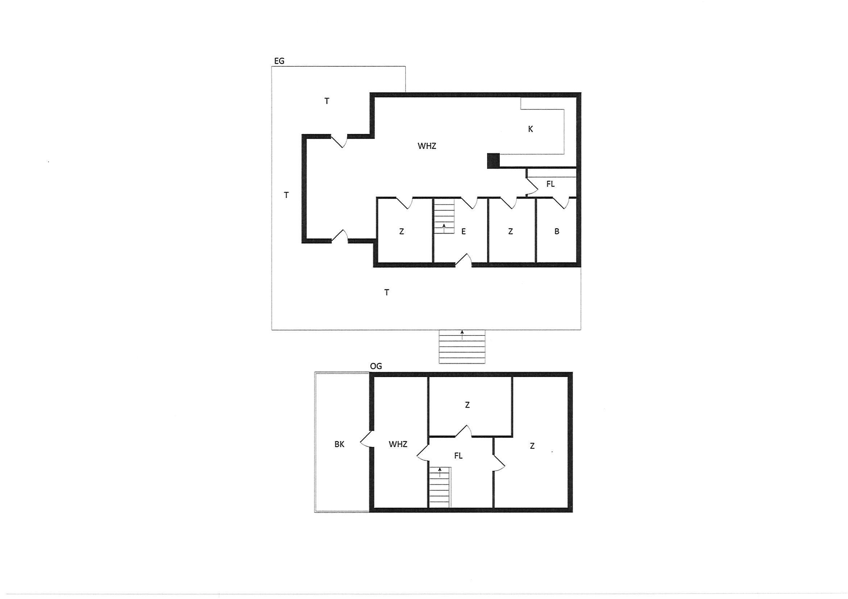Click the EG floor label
point(279,61)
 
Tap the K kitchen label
point(531,129)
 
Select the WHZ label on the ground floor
point(427,146)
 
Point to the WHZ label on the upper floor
point(398,444)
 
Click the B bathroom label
point(557,231)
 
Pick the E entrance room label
point(464,231)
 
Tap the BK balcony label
point(339,444)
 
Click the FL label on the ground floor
point(550,184)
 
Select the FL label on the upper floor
point(458,456)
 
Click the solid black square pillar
point(494,161)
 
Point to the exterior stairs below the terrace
point(462,347)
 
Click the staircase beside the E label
point(444,216)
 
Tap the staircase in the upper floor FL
point(440,487)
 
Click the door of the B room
point(561,204)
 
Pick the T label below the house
point(387,293)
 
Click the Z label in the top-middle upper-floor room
point(467,405)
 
